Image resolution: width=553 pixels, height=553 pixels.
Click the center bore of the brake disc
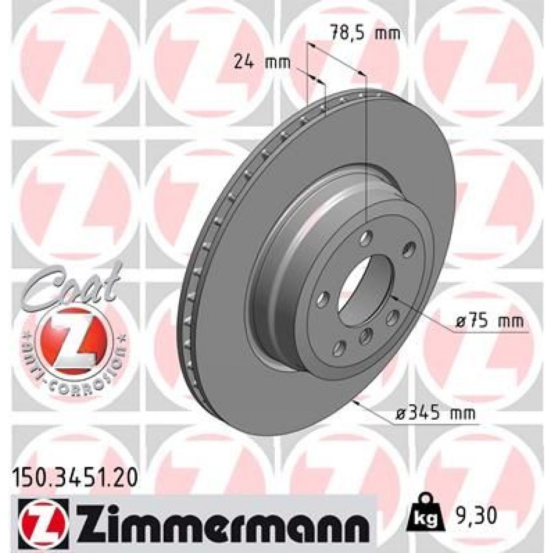pos(360,293)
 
